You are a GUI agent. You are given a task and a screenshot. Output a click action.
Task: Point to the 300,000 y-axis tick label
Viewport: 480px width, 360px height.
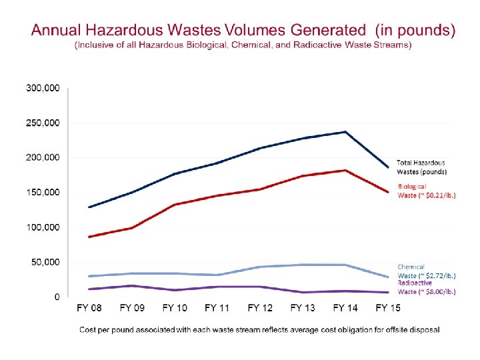click(43, 88)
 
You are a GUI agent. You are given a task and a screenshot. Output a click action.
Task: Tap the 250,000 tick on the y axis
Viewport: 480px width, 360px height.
click(43, 123)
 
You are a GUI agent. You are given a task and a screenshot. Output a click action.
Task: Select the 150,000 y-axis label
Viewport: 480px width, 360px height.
click(43, 193)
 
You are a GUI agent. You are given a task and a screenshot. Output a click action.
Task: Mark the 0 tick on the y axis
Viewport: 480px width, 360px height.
click(57, 297)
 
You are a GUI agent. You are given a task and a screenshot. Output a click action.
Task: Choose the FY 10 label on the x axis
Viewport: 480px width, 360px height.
click(175, 308)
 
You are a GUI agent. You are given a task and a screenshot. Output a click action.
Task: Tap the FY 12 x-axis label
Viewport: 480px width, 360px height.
click(261, 308)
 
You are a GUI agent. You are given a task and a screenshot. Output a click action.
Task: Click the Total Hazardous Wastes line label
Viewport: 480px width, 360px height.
click(421, 167)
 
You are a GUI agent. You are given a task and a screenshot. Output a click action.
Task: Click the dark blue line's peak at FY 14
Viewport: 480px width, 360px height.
click(345, 132)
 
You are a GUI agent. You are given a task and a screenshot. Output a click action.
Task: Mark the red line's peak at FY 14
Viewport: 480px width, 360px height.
click(345, 171)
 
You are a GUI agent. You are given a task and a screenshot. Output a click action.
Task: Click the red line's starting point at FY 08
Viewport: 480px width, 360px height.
click(89, 237)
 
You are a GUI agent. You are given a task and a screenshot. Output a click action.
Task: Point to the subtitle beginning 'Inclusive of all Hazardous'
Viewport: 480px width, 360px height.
click(243, 45)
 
